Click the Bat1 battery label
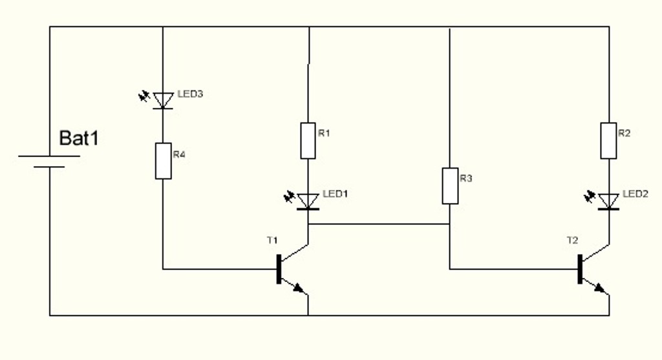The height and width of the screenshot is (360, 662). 79,138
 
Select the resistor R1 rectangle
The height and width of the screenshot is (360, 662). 308,140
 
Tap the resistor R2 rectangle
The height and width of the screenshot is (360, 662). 608,140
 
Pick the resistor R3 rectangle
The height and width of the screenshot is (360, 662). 450,185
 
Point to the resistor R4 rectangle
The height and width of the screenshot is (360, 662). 163,160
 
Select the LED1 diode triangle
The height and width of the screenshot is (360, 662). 308,201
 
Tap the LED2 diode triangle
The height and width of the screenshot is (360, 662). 608,201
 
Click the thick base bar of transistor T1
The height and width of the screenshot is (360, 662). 279,269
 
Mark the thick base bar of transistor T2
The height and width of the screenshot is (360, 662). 580,269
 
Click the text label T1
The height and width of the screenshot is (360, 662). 272,240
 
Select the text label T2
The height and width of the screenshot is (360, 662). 572,240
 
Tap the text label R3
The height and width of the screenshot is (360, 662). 466,178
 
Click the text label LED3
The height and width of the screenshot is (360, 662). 190,94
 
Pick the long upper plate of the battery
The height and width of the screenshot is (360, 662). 49,156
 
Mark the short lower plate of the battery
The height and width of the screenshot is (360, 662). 49,167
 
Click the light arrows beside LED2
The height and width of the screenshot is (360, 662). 590,195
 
